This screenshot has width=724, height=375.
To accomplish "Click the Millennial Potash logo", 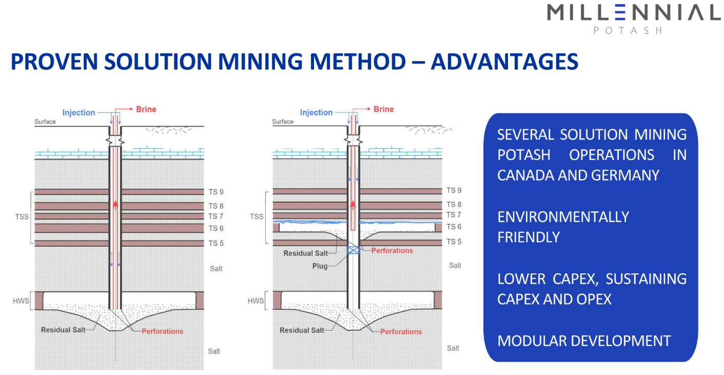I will pos(634,17).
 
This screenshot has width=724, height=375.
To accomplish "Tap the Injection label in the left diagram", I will pos(79,112).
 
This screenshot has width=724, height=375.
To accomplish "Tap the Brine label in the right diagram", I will pos(383,109).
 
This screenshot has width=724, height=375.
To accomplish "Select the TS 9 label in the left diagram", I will pos(216,192).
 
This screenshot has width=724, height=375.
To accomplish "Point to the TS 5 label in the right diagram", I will pos(454,242).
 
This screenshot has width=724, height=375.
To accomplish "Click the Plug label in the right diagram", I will pos(319,266).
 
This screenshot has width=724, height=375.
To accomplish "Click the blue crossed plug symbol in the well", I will pos(354,250).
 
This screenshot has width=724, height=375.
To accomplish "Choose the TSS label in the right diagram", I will pos(257,216).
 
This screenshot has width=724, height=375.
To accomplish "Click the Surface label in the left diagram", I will pos(45,122).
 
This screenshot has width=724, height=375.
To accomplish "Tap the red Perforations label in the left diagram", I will pos(162,331).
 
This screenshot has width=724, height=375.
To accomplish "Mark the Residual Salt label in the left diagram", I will pos(63,330).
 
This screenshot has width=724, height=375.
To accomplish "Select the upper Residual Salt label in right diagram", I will pos(305,253).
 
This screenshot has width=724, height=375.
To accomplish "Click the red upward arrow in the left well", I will pos(115,204).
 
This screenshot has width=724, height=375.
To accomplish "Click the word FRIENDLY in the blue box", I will pos(529,237).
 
